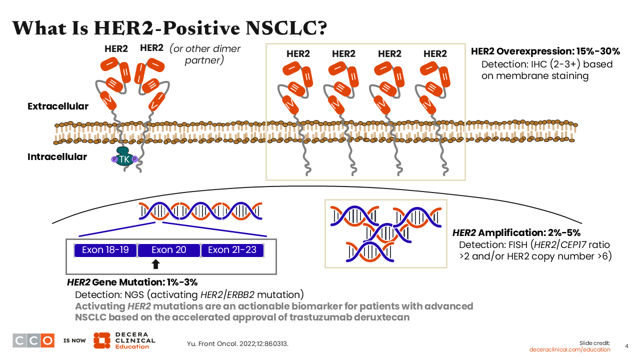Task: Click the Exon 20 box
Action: [169, 250]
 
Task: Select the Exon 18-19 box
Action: [105, 250]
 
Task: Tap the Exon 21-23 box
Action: [232, 250]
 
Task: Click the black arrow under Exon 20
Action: [155, 264]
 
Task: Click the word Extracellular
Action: [58, 106]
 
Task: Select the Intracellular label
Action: [57, 157]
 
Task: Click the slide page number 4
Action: [627, 345]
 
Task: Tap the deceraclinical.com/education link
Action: [570, 349]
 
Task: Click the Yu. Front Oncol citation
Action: [237, 344]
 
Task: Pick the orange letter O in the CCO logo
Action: [47, 340]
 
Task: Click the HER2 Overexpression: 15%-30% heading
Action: [545, 52]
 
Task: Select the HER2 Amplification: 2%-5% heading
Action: [516, 233]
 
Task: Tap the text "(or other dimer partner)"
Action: [205, 54]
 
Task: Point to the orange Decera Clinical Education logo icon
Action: [101, 340]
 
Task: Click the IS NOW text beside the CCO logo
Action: [74, 341]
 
